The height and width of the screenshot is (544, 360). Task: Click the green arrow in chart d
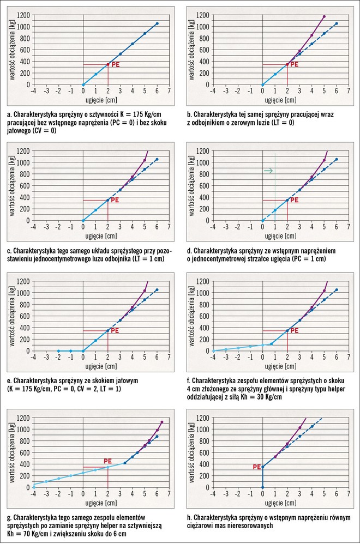pos(268,171)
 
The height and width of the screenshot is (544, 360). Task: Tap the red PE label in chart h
pos(256,467)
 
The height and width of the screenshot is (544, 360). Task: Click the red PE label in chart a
pos(115,64)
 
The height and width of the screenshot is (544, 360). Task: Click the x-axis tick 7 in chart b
pos(349,92)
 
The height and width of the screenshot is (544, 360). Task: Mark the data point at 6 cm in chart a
pos(157,23)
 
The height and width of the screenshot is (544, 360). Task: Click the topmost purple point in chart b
pos(324,16)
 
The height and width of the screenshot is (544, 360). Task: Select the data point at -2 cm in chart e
pos(58,350)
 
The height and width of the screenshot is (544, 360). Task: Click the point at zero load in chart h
pos(262,487)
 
